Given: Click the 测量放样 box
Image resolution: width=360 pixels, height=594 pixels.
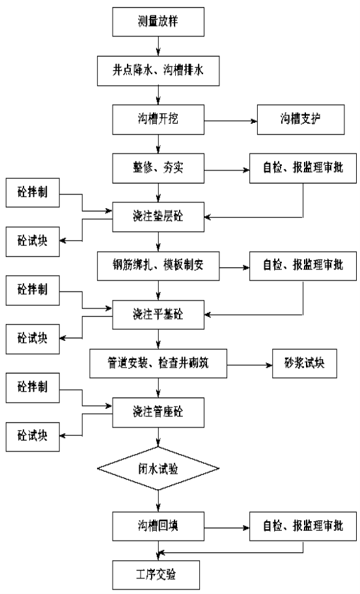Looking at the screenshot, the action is [x=158, y=21].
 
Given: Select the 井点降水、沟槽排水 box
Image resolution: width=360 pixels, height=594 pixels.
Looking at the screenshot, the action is [x=158, y=70].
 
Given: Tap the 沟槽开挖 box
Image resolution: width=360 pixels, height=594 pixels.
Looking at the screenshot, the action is [x=158, y=120].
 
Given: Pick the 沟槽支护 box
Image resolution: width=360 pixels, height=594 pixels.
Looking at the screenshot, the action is [x=301, y=120].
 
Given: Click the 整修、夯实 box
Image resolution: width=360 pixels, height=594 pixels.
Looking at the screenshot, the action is [x=158, y=169].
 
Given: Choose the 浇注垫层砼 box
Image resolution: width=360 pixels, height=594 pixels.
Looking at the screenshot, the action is [x=158, y=217].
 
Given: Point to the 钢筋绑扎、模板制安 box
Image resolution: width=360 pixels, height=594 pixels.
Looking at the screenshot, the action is [x=158, y=266].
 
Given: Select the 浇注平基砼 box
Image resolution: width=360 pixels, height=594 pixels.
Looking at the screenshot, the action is [x=158, y=315].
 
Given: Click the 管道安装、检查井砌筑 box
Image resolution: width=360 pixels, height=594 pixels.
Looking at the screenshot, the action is [x=158, y=363].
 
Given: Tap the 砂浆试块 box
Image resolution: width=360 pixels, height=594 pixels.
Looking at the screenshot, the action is [x=305, y=363].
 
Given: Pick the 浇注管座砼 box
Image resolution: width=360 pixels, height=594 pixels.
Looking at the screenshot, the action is [x=158, y=412].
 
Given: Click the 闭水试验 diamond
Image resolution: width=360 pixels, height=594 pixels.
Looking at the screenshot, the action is [x=158, y=468].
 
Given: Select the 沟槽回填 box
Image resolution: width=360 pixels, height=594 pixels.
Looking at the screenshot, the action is [x=158, y=526].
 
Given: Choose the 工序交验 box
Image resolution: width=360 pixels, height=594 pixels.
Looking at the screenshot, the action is [x=156, y=575].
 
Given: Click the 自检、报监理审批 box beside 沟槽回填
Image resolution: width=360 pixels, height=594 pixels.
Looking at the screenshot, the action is [x=303, y=526].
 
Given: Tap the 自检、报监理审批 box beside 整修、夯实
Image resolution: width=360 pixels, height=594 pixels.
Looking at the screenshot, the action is [x=303, y=169].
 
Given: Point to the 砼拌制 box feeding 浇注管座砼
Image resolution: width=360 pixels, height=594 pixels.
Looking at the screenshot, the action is [x=33, y=388].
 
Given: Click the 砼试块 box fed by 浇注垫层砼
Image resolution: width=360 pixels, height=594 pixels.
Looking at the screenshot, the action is [x=33, y=241].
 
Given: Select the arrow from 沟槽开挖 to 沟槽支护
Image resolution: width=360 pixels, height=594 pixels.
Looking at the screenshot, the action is [x=231, y=121].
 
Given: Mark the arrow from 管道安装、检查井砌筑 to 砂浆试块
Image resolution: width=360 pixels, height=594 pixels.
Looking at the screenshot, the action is [x=250, y=365].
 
